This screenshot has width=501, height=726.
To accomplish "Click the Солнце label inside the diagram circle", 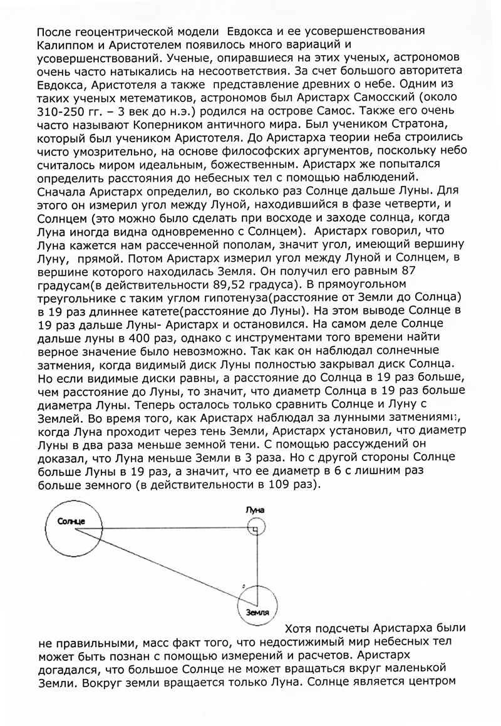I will tap(70, 522).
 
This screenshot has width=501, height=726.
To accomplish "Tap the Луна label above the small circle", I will tap(254, 511).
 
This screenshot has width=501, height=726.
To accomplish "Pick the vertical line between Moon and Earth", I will tap(258, 564).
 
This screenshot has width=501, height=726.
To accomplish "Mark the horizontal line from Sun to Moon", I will tap(163, 529).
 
